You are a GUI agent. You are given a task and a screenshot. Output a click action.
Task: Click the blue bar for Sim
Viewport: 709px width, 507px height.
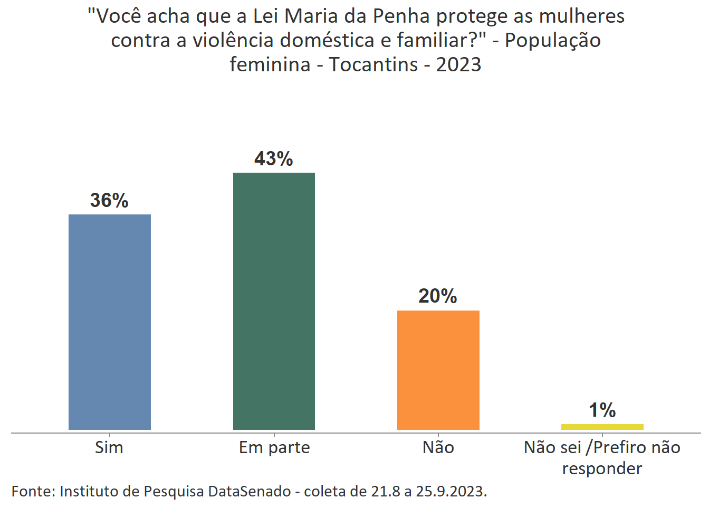(110, 322)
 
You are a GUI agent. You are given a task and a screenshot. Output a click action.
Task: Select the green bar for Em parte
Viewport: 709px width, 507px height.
(274, 301)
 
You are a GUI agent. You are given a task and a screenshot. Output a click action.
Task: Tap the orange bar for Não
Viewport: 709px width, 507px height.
(438, 370)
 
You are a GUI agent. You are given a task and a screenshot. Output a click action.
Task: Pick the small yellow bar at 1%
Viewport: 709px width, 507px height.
(602, 427)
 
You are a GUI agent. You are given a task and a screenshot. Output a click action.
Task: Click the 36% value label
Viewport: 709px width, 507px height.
(109, 201)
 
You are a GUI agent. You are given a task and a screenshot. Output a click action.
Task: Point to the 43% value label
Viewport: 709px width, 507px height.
(274, 159)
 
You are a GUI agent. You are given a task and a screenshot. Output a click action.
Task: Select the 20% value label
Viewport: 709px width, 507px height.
(438, 296)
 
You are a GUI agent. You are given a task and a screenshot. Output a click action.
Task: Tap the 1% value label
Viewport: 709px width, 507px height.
(602, 410)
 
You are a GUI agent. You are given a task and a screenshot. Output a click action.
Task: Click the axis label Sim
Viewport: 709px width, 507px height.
(109, 448)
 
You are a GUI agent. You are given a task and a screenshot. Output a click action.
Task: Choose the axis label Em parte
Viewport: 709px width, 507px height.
(274, 448)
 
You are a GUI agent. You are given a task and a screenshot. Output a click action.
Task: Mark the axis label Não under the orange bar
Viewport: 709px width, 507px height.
(438, 448)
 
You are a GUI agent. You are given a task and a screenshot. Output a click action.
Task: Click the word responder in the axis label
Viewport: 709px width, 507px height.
(602, 469)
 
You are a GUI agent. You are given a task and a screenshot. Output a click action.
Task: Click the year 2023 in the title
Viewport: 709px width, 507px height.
(458, 64)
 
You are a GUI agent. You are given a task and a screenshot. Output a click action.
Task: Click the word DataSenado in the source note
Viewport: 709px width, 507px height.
(250, 491)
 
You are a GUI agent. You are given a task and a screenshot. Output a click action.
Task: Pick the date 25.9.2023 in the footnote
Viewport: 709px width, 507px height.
(451, 491)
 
